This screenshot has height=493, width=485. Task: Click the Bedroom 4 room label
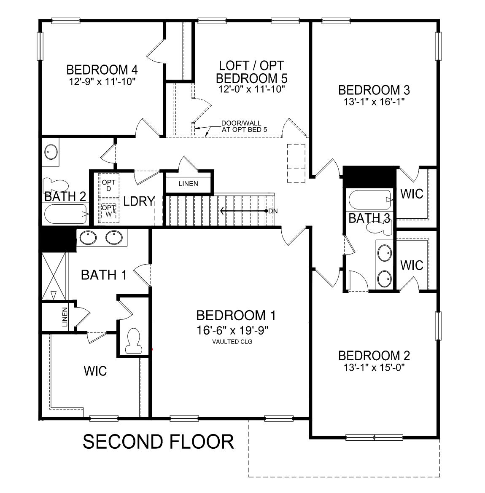102,70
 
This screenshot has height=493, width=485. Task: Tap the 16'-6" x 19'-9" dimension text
232,330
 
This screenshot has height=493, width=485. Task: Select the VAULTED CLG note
232,341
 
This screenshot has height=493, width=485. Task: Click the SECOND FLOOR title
158,442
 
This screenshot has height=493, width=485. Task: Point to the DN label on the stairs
273,211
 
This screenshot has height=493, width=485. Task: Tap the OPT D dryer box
108,185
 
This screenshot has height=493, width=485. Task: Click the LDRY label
139,201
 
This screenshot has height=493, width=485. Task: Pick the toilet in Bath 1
133,341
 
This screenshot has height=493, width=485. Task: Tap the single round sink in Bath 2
51,152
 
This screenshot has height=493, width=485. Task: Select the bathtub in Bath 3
370,200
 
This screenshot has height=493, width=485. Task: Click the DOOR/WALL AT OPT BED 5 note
244,126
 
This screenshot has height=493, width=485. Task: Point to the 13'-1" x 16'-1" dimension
374,102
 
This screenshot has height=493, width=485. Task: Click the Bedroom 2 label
374,356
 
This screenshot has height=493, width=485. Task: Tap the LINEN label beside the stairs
188,184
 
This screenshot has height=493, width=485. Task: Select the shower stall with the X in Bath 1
54,276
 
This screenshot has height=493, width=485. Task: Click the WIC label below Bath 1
95,371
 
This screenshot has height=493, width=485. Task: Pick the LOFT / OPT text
251,66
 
